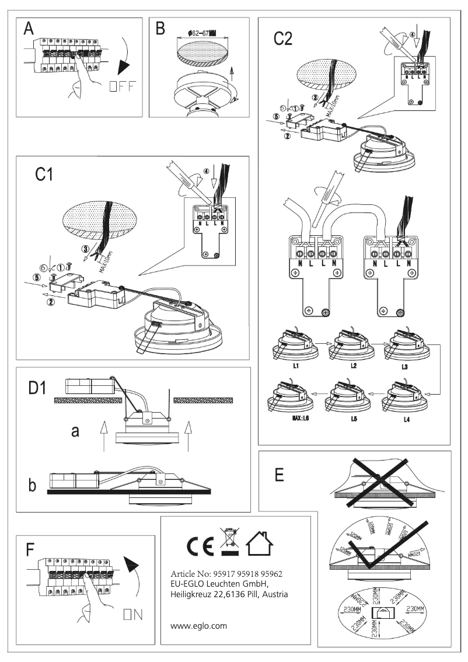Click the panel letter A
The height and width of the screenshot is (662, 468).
pyautogui.click(x=29, y=30)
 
